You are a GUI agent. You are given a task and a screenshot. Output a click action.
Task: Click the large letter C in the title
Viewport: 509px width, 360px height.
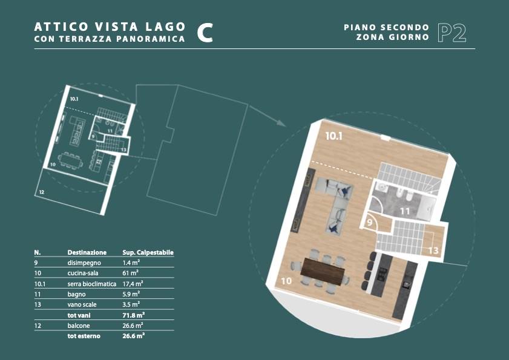(x=205, y=33)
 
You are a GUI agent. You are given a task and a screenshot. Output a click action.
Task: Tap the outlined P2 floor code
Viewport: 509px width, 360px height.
(x=452, y=33)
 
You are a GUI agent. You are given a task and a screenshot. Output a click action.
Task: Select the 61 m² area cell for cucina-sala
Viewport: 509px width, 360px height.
(x=131, y=273)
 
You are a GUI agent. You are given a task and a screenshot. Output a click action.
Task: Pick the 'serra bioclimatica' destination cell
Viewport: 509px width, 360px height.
(x=92, y=284)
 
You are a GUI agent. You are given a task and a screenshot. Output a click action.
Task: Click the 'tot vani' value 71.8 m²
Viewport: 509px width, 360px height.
(x=133, y=315)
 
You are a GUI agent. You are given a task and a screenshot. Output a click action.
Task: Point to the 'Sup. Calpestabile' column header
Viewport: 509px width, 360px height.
(x=148, y=252)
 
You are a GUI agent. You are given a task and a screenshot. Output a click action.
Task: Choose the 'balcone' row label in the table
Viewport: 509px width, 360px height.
(x=79, y=326)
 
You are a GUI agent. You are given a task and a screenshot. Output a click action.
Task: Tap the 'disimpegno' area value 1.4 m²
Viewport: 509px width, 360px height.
(x=131, y=263)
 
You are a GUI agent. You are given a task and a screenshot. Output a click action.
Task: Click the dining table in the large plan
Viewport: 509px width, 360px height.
(x=323, y=272)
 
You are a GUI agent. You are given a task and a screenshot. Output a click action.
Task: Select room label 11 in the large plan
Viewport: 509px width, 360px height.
(x=405, y=212)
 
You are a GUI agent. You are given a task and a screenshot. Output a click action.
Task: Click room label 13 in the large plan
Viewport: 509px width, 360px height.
(x=433, y=250)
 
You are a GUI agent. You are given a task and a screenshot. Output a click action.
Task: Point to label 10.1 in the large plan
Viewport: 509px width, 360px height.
(x=334, y=136)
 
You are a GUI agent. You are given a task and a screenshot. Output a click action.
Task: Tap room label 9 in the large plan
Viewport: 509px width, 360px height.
(x=370, y=223)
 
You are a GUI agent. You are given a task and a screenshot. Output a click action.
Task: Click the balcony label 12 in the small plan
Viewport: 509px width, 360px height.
(x=42, y=192)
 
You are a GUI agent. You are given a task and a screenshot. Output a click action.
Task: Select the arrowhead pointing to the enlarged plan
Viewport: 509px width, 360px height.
(x=281, y=123)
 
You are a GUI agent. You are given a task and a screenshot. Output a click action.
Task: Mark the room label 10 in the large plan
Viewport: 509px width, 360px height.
(x=286, y=281)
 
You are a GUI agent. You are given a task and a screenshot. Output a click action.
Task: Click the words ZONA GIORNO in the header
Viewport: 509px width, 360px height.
(x=392, y=38)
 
